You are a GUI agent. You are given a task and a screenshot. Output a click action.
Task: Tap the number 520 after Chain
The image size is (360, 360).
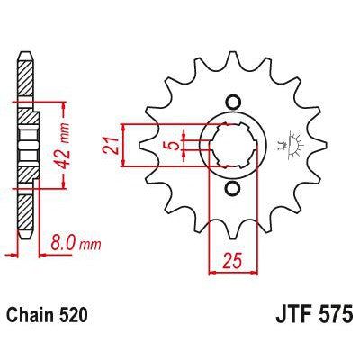click(76, 318)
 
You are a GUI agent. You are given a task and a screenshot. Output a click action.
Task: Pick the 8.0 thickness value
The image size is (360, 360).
click(59, 241)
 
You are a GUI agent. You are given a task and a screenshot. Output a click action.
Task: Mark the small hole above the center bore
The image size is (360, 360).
click(233, 101)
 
